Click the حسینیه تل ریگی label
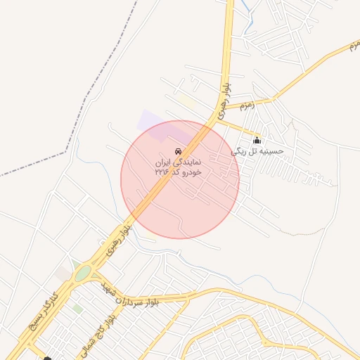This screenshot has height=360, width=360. click(x=257, y=150)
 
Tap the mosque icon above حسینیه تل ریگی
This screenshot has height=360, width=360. click(x=257, y=140)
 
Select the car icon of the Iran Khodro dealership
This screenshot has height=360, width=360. click(x=178, y=151)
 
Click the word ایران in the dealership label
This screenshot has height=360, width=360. click(x=163, y=162)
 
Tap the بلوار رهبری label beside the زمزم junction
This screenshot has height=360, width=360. click(x=224, y=101)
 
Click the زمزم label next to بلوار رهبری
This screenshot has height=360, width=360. click(x=245, y=105)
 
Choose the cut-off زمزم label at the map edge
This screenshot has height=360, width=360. click(x=352, y=46)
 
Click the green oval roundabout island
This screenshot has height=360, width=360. click(x=83, y=273)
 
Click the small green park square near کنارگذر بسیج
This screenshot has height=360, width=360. click(x=77, y=309)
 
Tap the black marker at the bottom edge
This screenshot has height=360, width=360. click(x=47, y=358)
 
